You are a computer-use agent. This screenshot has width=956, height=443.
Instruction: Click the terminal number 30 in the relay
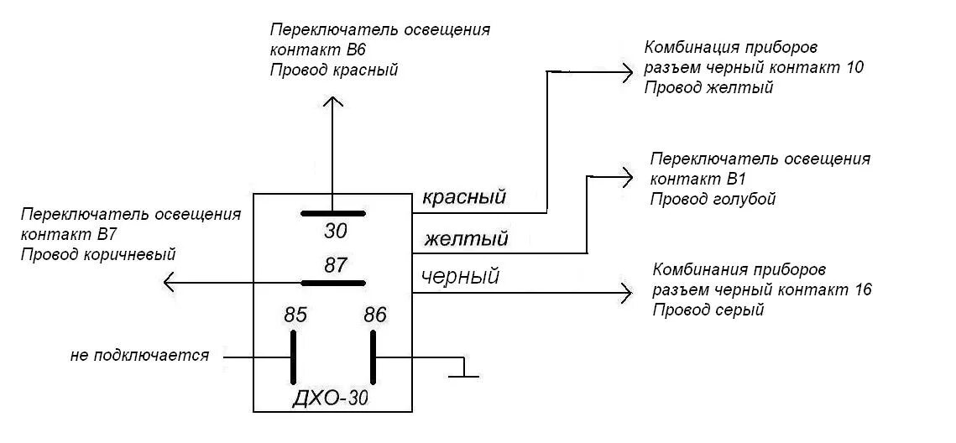(335, 232)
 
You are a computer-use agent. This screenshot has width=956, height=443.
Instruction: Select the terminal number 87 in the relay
(335, 267)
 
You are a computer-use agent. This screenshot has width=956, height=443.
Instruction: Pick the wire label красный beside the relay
(463, 198)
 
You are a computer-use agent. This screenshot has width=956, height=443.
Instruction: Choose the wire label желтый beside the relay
(466, 240)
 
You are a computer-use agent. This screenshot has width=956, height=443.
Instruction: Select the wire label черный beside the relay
(460, 276)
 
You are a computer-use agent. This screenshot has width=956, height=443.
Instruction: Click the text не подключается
(139, 355)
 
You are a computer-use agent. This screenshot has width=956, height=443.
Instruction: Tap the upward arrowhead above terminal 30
(333, 102)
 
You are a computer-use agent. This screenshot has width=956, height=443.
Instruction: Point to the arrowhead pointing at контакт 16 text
(626, 293)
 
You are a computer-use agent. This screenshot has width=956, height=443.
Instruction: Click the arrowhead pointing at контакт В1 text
(626, 176)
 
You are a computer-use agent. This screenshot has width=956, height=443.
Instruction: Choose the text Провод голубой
(713, 199)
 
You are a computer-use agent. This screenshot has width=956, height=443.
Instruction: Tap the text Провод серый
(708, 310)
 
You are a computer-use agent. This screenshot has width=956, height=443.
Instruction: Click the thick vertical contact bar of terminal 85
(295, 357)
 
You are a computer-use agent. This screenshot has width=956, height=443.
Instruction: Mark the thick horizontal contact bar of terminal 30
(333, 213)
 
